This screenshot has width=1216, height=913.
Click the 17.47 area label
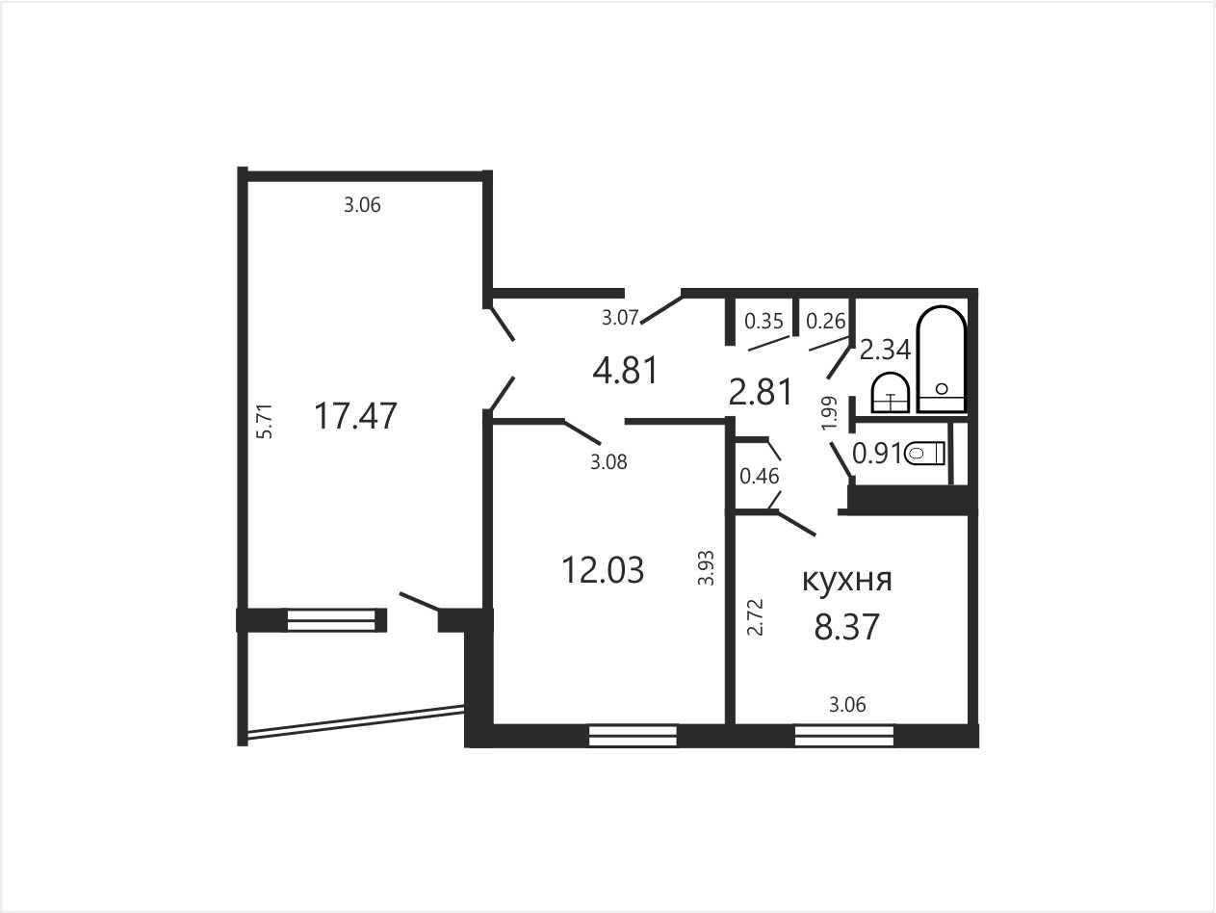point(355,416)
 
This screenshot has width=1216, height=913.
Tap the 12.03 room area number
point(603,570)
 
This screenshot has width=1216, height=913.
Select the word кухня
point(847,580)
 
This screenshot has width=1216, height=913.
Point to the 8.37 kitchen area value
point(846,627)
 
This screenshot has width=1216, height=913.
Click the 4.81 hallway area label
point(625,370)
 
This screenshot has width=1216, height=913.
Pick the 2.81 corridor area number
point(761,392)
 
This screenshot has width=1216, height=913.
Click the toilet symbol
point(924,455)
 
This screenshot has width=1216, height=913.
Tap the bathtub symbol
point(942,359)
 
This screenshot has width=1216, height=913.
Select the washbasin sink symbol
point(891,393)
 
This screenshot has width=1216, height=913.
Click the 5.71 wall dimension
point(266,421)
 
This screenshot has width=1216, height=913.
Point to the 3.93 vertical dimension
point(705,568)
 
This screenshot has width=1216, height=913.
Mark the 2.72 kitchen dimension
point(755,617)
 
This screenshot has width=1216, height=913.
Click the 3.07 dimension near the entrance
point(620,318)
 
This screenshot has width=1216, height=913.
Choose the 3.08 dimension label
point(608,461)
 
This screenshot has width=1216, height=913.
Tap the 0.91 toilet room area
point(877,454)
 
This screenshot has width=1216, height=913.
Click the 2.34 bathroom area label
point(885,351)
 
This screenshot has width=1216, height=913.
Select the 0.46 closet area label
point(760,476)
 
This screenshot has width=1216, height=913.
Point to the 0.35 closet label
point(763,321)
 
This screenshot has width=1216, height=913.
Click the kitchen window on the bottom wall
point(844,736)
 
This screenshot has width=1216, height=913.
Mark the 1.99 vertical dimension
point(829,413)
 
